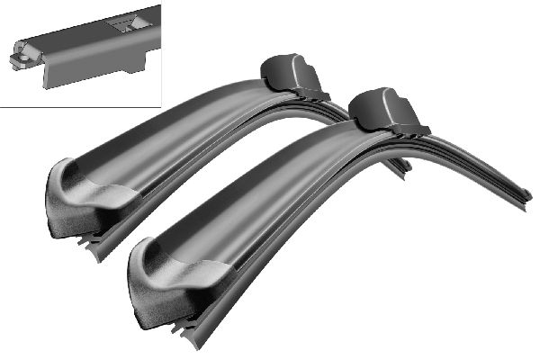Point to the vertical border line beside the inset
160,54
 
